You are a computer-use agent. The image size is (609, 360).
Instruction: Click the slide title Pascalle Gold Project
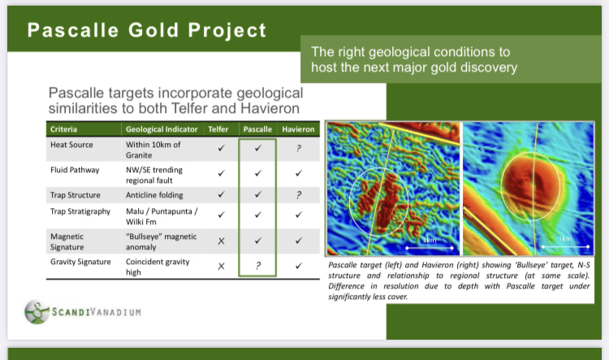[147, 30]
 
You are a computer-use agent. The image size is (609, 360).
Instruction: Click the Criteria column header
[63, 129]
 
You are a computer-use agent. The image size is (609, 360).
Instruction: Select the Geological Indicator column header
[162, 129]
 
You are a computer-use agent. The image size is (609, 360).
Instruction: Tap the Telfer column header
[218, 129]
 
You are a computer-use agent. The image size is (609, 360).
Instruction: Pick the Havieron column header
[298, 129]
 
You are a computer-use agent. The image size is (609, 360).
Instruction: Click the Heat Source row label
[71, 145]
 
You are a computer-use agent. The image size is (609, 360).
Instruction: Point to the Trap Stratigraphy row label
[80, 211]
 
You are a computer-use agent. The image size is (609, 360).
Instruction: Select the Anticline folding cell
[154, 195]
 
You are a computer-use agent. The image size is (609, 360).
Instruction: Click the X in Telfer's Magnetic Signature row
[221, 241]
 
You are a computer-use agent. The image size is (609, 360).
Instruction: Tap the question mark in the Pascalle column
[258, 266]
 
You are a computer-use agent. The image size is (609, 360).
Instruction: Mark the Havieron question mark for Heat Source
[298, 148]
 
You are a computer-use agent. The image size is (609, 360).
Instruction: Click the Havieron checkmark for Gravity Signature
[298, 266]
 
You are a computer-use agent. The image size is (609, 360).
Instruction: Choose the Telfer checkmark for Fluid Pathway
[221, 173]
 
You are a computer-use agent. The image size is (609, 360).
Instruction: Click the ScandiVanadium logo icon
[37, 311]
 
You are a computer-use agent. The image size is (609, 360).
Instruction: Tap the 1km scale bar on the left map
[430, 247]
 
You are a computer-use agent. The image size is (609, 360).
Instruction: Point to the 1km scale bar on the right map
[565, 246]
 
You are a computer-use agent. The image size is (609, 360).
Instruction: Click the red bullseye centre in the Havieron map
[530, 184]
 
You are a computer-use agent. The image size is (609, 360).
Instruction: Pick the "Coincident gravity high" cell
[158, 267]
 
